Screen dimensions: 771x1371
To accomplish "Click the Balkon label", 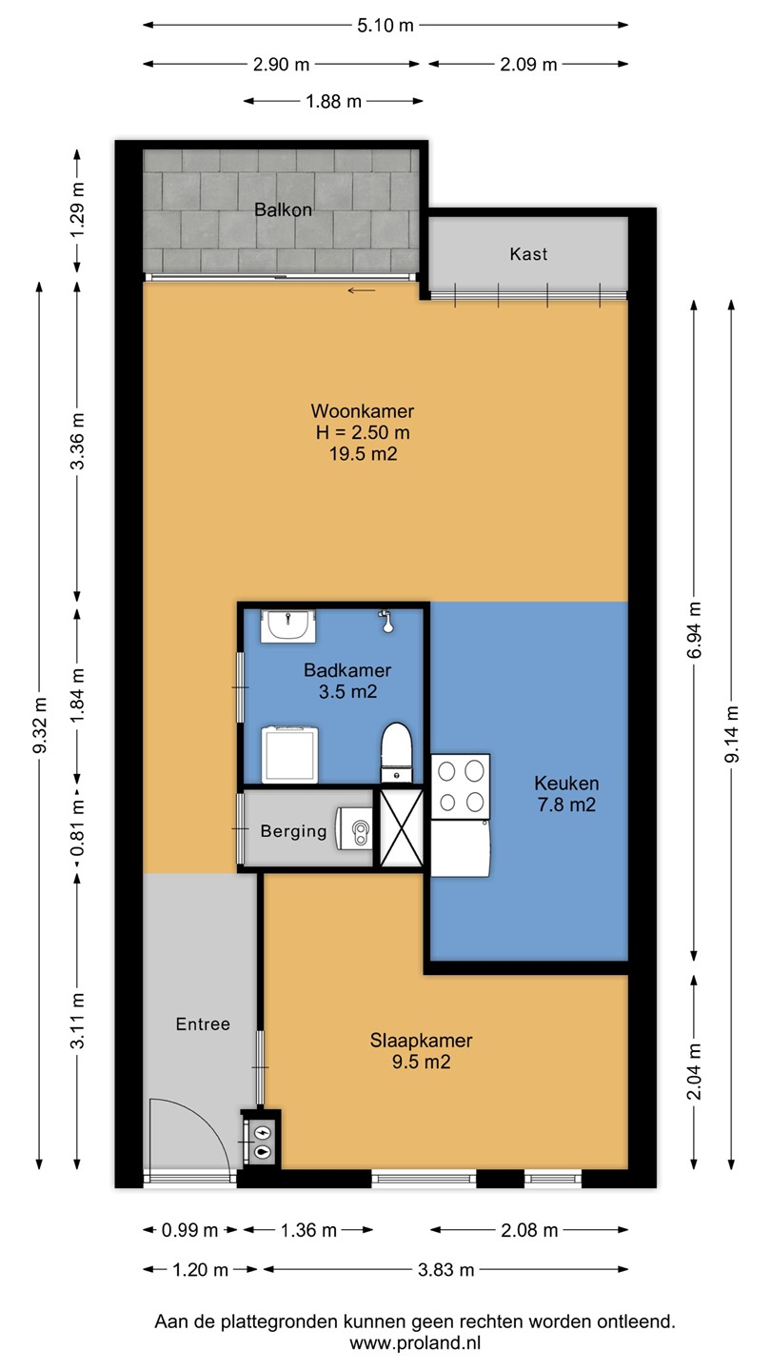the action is tap(283, 209).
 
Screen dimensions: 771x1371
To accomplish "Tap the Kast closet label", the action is tap(528, 254).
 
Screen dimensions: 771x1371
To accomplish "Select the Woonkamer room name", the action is tap(363, 410).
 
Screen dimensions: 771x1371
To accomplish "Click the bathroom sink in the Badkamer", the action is tap(288, 626).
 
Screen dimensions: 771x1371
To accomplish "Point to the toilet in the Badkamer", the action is tap(396, 752).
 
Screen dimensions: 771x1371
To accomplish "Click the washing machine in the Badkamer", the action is tap(289, 755).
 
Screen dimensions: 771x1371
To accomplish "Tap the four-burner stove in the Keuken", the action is tap(461, 786).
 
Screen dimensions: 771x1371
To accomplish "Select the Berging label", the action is tap(294, 831).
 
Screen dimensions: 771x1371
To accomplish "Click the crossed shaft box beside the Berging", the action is tap(402, 827).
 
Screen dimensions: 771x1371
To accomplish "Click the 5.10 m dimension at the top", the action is tap(385, 25).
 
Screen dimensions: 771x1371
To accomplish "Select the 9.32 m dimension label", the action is tap(39, 725).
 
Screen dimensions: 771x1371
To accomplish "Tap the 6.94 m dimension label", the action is tap(694, 630).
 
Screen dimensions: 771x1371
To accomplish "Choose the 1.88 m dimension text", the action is tap(333, 101).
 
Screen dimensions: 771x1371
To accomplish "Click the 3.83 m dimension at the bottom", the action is tap(446, 1269).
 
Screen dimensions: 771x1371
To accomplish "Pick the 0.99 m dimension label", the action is tap(189, 1230).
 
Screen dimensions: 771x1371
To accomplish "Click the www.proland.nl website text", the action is tap(415, 1342).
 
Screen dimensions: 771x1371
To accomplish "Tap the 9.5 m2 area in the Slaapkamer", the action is tap(421, 1062).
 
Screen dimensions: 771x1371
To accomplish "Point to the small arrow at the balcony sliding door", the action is tap(362, 290).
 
